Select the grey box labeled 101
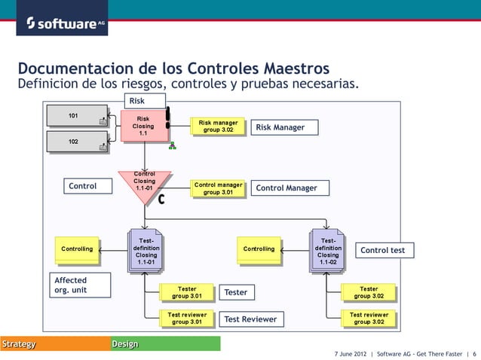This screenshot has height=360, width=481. [x=76, y=116]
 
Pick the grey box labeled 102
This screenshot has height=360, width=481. [x=76, y=142]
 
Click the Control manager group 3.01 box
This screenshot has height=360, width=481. [x=218, y=188]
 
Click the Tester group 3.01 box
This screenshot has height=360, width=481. [x=187, y=292]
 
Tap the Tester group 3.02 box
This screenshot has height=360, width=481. [x=369, y=292]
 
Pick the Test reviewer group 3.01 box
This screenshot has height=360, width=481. [x=187, y=319]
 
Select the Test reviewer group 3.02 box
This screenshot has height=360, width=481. [x=369, y=319]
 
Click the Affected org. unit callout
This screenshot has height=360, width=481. [x=71, y=285]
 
